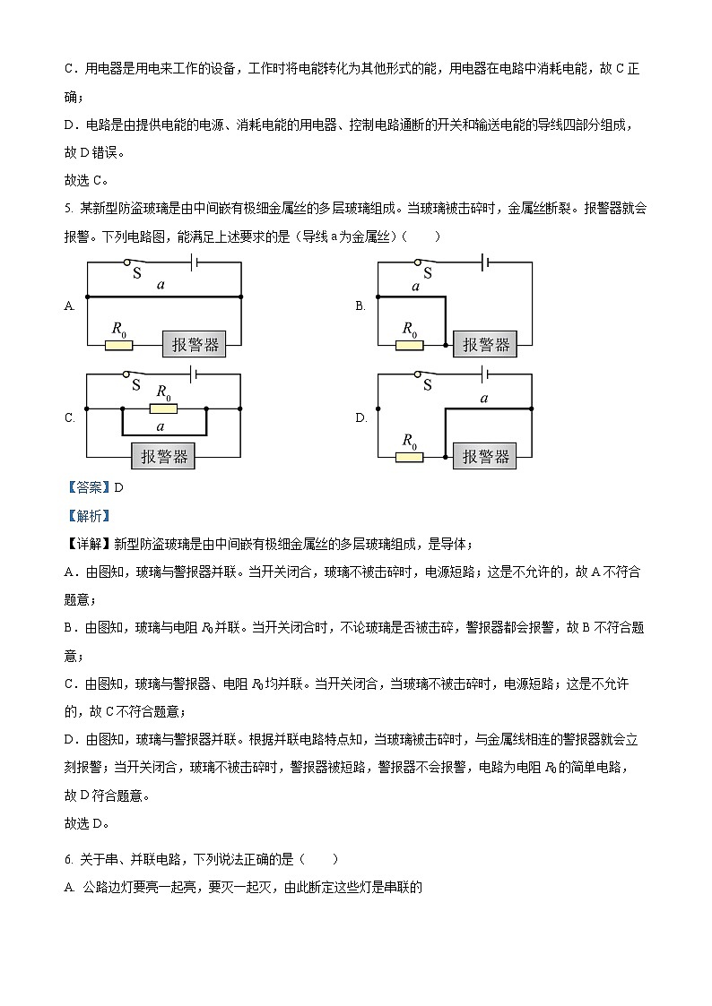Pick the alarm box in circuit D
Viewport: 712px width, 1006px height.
pyautogui.click(x=485, y=456)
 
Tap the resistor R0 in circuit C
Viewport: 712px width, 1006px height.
pyautogui.click(x=163, y=408)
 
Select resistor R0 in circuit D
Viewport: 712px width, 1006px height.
pyautogui.click(x=409, y=457)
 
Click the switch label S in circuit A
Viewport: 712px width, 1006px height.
pyautogui.click(x=136, y=272)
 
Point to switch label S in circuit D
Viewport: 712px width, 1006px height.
pyautogui.click(x=427, y=385)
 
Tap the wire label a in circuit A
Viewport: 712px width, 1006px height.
pyautogui.click(x=161, y=285)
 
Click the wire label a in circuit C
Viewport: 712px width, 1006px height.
pyautogui.click(x=161, y=426)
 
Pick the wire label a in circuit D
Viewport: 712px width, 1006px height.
pyautogui.click(x=484, y=398)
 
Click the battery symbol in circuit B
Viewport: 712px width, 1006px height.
pyautogui.click(x=485, y=262)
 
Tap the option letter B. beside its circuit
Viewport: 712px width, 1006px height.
pyautogui.click(x=360, y=306)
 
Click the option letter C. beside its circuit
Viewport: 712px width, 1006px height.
pyautogui.click(x=69, y=418)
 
